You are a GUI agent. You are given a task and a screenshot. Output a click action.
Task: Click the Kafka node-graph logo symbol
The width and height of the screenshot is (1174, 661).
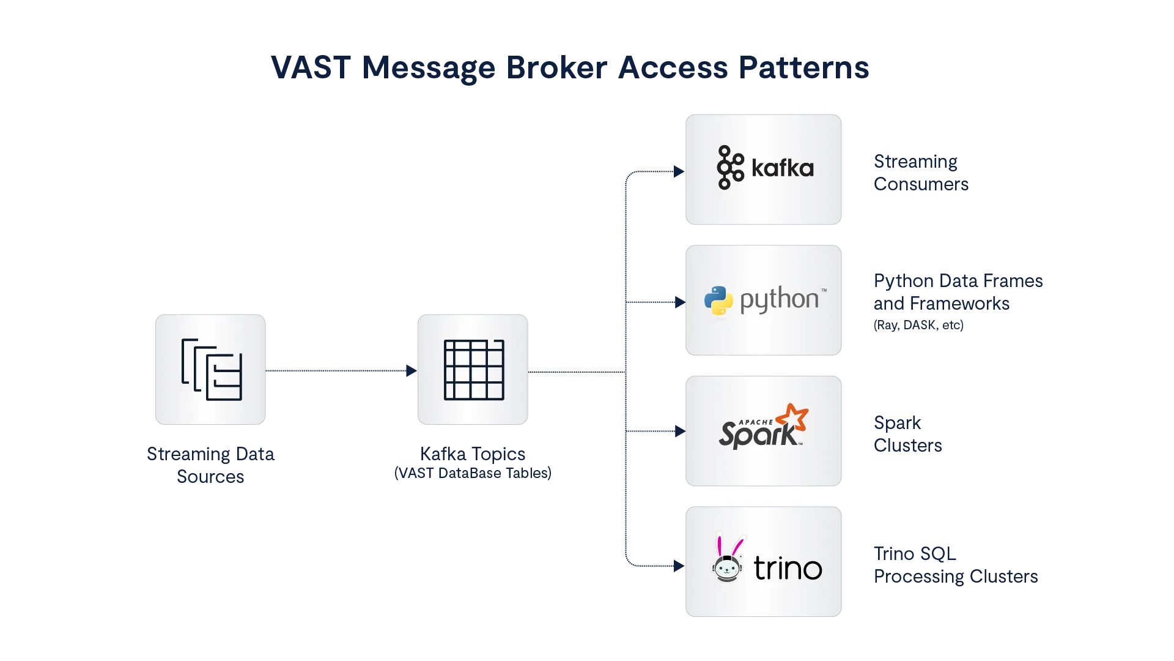729,167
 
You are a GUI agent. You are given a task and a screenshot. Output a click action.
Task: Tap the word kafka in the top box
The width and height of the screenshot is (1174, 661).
782,168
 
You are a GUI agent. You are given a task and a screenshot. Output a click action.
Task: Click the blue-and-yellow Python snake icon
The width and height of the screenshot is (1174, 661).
718,301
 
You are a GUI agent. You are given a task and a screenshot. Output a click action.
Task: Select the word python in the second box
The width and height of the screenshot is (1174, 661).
779,301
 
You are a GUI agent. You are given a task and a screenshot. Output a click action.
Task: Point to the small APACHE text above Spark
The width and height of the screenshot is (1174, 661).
756,422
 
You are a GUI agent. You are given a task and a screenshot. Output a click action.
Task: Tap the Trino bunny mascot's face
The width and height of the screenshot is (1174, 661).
727,569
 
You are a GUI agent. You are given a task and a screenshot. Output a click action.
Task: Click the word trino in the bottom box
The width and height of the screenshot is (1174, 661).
788,569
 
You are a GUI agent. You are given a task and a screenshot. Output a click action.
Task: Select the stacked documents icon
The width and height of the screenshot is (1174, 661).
212,370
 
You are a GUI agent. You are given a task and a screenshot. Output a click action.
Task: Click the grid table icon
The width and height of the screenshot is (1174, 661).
474,370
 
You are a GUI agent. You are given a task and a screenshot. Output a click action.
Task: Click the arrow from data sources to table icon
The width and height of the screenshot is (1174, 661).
340,370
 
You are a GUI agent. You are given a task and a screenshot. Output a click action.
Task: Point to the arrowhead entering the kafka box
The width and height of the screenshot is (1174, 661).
677,173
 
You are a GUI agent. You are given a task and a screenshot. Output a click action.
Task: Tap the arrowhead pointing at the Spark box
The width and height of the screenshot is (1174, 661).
678,431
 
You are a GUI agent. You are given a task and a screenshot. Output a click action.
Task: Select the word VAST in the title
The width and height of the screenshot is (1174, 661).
311,67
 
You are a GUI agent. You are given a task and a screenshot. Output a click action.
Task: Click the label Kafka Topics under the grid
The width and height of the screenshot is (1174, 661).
474,454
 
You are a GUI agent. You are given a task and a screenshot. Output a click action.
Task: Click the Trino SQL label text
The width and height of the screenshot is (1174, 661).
915,554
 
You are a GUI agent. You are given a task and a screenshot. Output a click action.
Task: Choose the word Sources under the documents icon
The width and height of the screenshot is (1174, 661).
210,476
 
